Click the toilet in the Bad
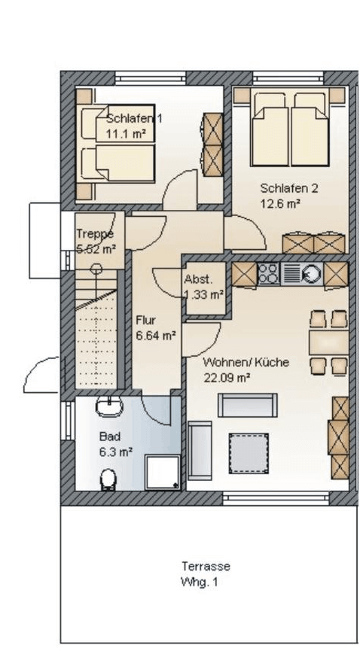click(108, 479)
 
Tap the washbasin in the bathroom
click(109, 406)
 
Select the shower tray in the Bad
click(163, 472)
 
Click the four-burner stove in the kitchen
click(269, 274)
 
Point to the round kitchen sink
click(310, 274)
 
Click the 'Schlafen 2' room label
click(289, 188)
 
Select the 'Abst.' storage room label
click(197, 279)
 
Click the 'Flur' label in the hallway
click(146, 321)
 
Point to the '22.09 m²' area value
click(227, 378)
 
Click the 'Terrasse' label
click(206, 567)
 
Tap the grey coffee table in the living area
click(249, 453)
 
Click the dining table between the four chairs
click(328, 342)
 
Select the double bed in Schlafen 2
click(290, 129)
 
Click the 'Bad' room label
click(110, 437)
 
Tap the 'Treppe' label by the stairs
click(95, 234)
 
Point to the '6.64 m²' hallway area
click(156, 336)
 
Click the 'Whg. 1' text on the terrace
click(200, 583)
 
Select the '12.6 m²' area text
click(281, 204)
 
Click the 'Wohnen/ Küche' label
click(246, 362)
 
